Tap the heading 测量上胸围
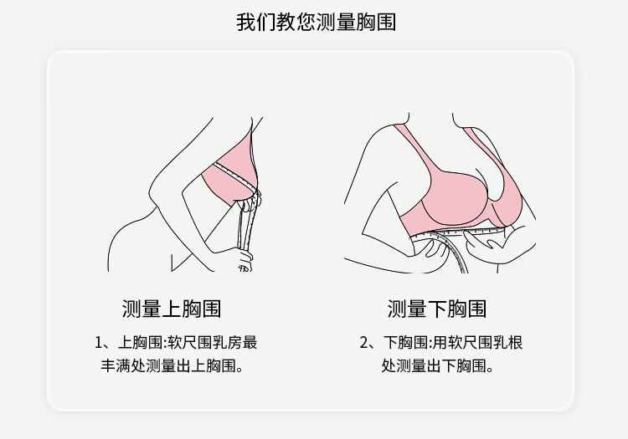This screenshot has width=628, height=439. click(172, 309)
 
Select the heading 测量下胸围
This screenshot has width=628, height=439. click(436, 309)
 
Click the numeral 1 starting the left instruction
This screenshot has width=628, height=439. click(100, 343)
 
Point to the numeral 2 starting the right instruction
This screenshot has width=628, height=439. click(364, 343)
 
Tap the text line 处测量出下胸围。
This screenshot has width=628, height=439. click(436, 365)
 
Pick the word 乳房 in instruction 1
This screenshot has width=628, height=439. click(224, 343)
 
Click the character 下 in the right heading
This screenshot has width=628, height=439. click(436, 309)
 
